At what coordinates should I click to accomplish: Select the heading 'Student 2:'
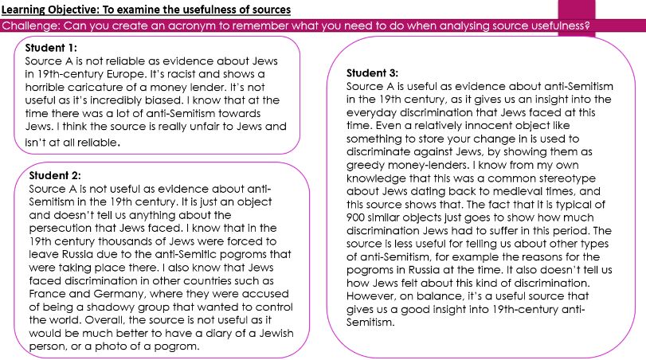click(x=55, y=175)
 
